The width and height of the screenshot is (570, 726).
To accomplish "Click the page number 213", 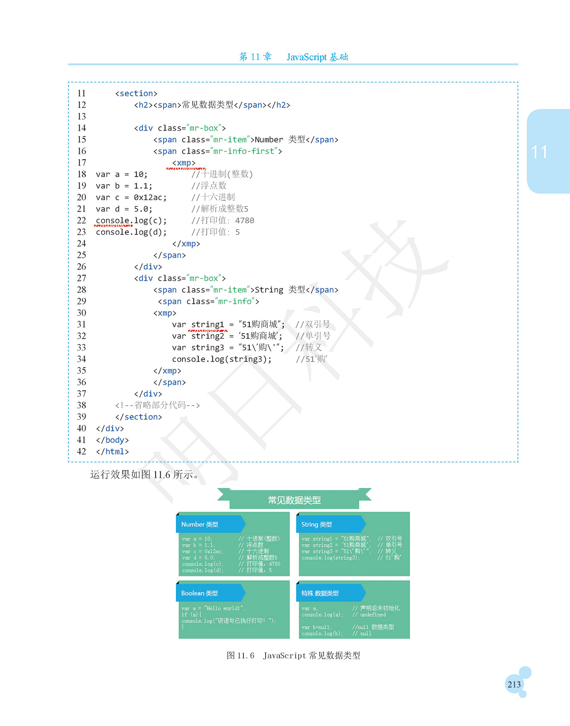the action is click(x=514, y=684).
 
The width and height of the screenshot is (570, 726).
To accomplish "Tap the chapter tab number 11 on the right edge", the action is click(x=540, y=152).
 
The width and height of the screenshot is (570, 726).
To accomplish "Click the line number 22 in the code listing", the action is click(x=82, y=221).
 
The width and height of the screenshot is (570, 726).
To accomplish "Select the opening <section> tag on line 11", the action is click(x=136, y=93).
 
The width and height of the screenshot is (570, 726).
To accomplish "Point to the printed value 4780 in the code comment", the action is click(x=245, y=221).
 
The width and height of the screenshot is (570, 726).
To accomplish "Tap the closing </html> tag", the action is click(x=112, y=452).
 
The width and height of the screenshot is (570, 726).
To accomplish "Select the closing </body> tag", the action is click(x=112, y=440).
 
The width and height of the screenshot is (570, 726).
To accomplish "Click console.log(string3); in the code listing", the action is click(x=222, y=359).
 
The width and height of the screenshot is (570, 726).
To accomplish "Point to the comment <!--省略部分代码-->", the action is click(x=158, y=405).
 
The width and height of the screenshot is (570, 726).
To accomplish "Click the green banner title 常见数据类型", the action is click(x=294, y=500).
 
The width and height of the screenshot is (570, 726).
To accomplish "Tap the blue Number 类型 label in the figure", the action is click(x=199, y=524).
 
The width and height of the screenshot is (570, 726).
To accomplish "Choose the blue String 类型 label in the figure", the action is click(x=317, y=524).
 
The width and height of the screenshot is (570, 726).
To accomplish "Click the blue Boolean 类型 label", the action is click(x=199, y=593).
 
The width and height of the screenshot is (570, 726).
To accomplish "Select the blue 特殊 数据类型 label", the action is click(x=320, y=593).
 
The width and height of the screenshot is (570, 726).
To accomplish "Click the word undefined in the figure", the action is click(x=373, y=615).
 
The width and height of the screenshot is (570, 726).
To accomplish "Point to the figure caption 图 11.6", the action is click(x=240, y=655).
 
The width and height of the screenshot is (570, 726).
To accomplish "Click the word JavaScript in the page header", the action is click(x=307, y=57).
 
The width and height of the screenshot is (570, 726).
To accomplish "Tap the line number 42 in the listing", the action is click(x=82, y=452).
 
